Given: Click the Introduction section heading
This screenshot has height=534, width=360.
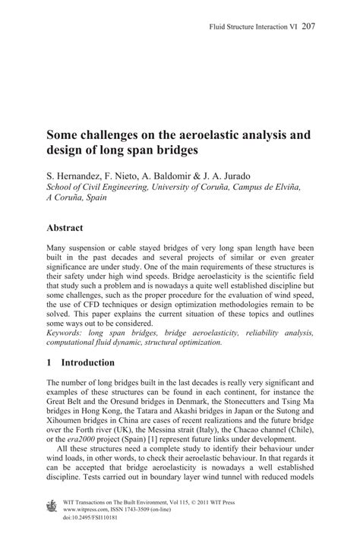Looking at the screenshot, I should click(87, 362).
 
